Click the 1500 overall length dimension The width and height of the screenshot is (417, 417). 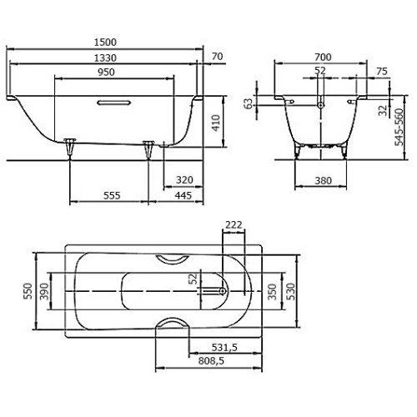pyautogui.click(x=104, y=41)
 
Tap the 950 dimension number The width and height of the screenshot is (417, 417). pyautogui.click(x=104, y=73)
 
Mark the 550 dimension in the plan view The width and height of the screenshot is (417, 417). pyautogui.click(x=27, y=291)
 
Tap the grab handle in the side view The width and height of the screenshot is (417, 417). pyautogui.click(x=113, y=103)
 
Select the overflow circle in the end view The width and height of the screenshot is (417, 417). pyautogui.click(x=322, y=107)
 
